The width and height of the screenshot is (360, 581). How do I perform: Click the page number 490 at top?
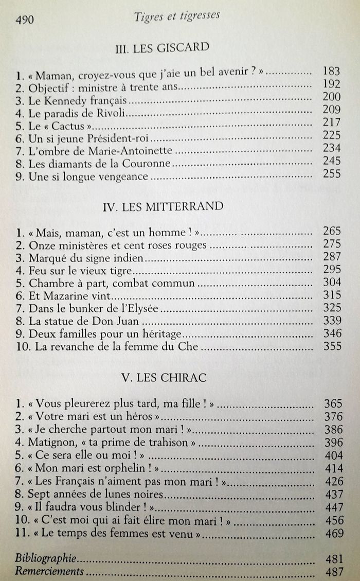(25, 20)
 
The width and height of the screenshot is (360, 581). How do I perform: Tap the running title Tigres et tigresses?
(177, 16)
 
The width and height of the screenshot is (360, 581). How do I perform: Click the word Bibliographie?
(46, 558)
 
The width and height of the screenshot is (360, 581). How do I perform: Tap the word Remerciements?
(50, 571)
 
